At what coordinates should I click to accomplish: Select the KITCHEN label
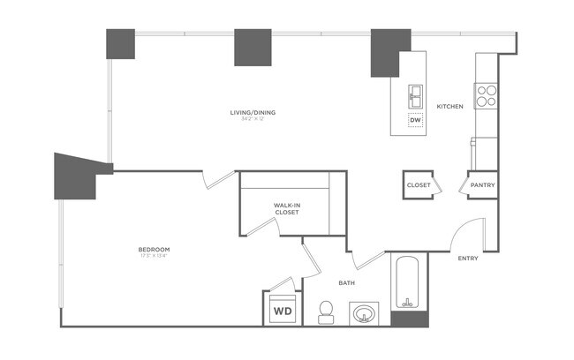(450, 107)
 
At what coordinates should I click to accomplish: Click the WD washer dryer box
(283, 311)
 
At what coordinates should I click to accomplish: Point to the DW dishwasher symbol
(415, 120)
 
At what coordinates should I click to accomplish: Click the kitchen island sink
(415, 94)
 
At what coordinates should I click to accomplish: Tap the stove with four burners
(487, 95)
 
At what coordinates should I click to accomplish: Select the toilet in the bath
(325, 311)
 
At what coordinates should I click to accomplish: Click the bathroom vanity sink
(364, 312)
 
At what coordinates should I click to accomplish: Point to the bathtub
(409, 281)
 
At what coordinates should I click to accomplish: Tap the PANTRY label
(482, 185)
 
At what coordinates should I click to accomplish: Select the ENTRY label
(469, 259)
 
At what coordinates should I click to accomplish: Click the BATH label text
(347, 283)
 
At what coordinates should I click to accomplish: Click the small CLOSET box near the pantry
(419, 185)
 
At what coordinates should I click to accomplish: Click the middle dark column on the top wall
(253, 48)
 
